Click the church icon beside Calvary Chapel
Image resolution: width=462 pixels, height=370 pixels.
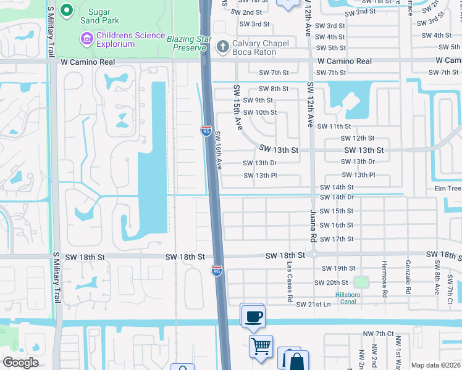tap(222, 46)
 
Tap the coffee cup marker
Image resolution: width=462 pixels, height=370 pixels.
tap(252, 317)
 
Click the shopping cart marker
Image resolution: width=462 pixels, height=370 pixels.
tap(261, 346)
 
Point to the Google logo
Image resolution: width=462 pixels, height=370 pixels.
tap(21, 363)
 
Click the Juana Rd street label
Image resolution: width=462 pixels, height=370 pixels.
tap(313, 224)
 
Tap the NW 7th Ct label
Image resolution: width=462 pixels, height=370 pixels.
tap(379, 334)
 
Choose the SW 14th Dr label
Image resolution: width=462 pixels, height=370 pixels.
tap(337, 197)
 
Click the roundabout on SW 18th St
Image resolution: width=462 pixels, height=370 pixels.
tap(314, 255)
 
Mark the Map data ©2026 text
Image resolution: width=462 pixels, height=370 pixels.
tap(435, 365)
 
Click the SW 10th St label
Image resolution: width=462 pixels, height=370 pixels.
tap(260, 113)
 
